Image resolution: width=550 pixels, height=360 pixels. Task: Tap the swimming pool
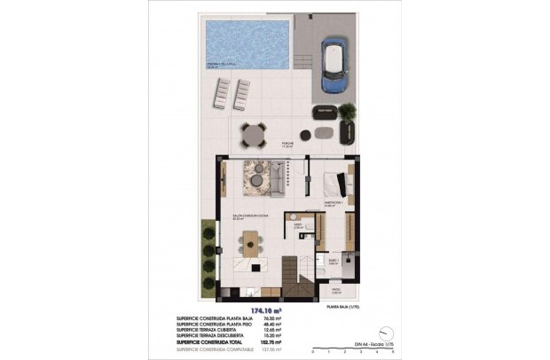tap(247, 44)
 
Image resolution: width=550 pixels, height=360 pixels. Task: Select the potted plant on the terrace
tap(347, 113)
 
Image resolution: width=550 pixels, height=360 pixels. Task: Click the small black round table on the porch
tap(306, 135)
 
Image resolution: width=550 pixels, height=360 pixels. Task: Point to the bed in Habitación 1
tap(334, 184)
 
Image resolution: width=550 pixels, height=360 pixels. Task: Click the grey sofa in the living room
tap(276, 180)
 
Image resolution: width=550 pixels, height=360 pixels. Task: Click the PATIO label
tap(335, 288)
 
